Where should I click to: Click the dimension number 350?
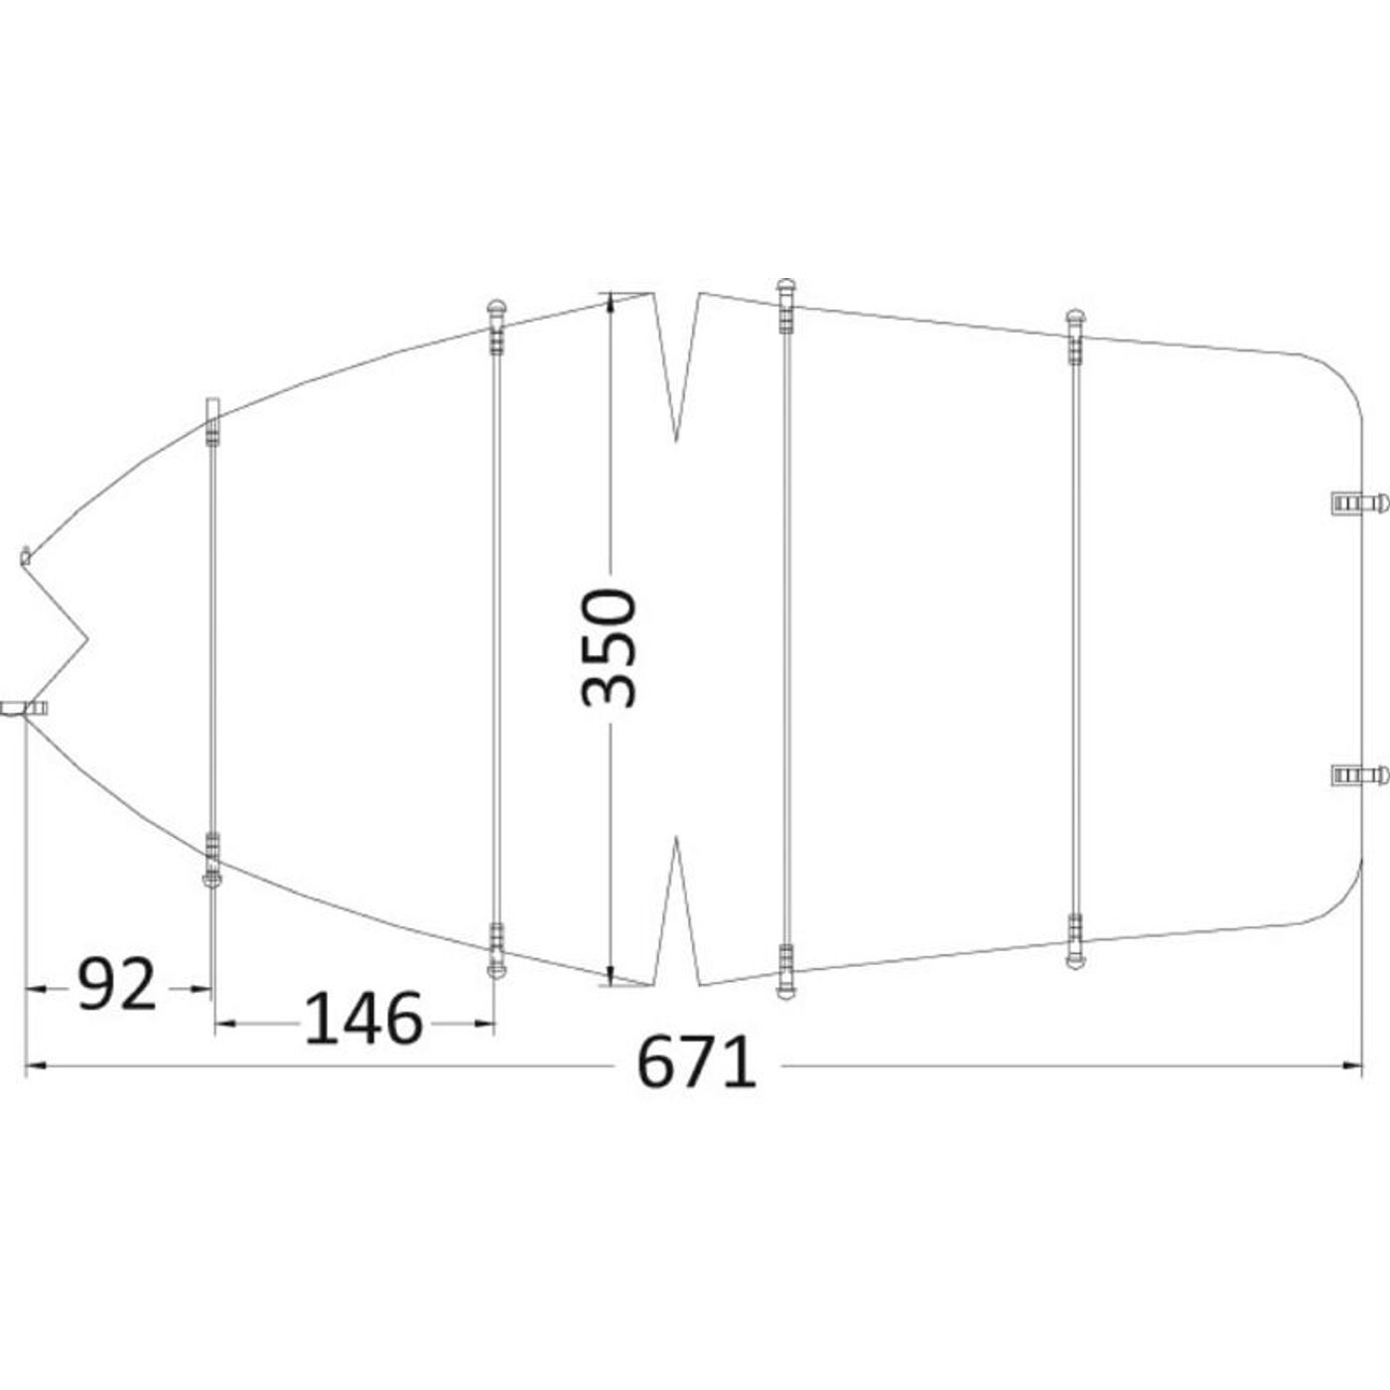[x=610, y=647]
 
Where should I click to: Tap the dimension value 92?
[x=117, y=984]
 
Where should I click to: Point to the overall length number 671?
[x=697, y=1064]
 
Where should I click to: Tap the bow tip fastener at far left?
[x=25, y=709]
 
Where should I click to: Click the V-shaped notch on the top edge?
[x=676, y=365]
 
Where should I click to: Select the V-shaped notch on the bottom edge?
[x=676, y=911]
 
